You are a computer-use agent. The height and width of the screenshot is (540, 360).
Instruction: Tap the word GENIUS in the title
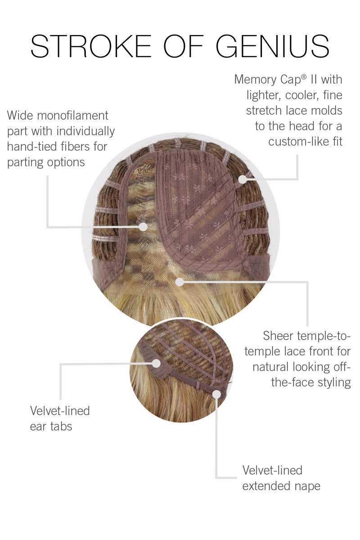(272, 46)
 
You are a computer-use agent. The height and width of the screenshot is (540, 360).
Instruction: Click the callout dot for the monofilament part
(143, 227)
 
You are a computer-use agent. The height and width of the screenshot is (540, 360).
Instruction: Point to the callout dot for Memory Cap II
(243, 179)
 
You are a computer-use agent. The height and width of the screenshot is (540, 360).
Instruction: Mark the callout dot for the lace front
(180, 282)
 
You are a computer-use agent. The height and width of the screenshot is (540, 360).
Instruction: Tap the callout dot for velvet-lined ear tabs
(156, 363)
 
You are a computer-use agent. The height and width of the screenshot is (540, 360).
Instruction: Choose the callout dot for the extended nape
(216, 394)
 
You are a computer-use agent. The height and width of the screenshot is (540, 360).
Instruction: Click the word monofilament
(72, 116)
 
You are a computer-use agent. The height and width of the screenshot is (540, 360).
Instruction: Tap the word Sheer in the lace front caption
(278, 336)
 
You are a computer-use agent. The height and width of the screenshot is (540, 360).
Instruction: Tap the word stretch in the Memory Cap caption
(264, 111)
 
